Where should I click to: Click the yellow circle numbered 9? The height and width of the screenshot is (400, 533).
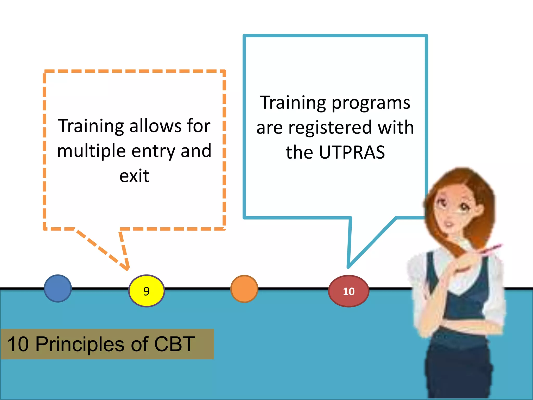(x=147, y=291)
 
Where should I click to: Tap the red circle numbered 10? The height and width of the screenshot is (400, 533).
(x=349, y=291)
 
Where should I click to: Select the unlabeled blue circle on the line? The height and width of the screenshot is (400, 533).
(x=58, y=288)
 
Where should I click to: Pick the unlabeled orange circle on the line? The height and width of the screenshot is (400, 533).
(x=244, y=289)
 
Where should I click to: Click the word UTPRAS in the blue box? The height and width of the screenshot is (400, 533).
(x=352, y=152)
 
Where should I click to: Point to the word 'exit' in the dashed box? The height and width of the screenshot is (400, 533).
(x=134, y=176)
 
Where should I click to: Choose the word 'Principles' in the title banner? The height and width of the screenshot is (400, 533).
(x=80, y=344)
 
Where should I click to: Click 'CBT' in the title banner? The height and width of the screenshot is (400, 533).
(x=174, y=344)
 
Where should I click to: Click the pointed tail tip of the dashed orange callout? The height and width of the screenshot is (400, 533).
(x=128, y=269)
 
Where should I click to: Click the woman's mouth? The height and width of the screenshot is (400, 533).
(x=449, y=224)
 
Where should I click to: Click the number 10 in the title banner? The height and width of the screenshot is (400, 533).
(x=18, y=344)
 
